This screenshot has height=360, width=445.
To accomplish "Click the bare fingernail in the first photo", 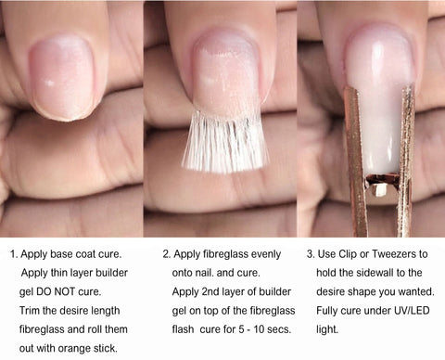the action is tap(62, 77).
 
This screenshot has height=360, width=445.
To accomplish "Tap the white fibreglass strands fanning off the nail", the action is tap(225, 142).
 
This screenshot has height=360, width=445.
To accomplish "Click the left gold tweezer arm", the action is tap(355, 161).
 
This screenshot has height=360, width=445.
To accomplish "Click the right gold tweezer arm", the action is tap(406, 161).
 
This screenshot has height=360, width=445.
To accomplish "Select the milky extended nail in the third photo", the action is tap(379, 102).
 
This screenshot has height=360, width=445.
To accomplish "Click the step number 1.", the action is tap(14, 254).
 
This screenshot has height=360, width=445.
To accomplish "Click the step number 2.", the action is tap(167, 254).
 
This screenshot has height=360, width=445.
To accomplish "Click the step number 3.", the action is tap(311, 254).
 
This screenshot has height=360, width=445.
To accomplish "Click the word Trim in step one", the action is tap(30, 311).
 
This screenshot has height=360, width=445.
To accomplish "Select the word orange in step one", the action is tap(72, 349).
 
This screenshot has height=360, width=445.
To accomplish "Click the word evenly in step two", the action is tap(266, 255).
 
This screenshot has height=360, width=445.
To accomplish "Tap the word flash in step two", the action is tap(183, 329).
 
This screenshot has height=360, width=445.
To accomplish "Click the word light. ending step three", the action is tap(327, 330).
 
